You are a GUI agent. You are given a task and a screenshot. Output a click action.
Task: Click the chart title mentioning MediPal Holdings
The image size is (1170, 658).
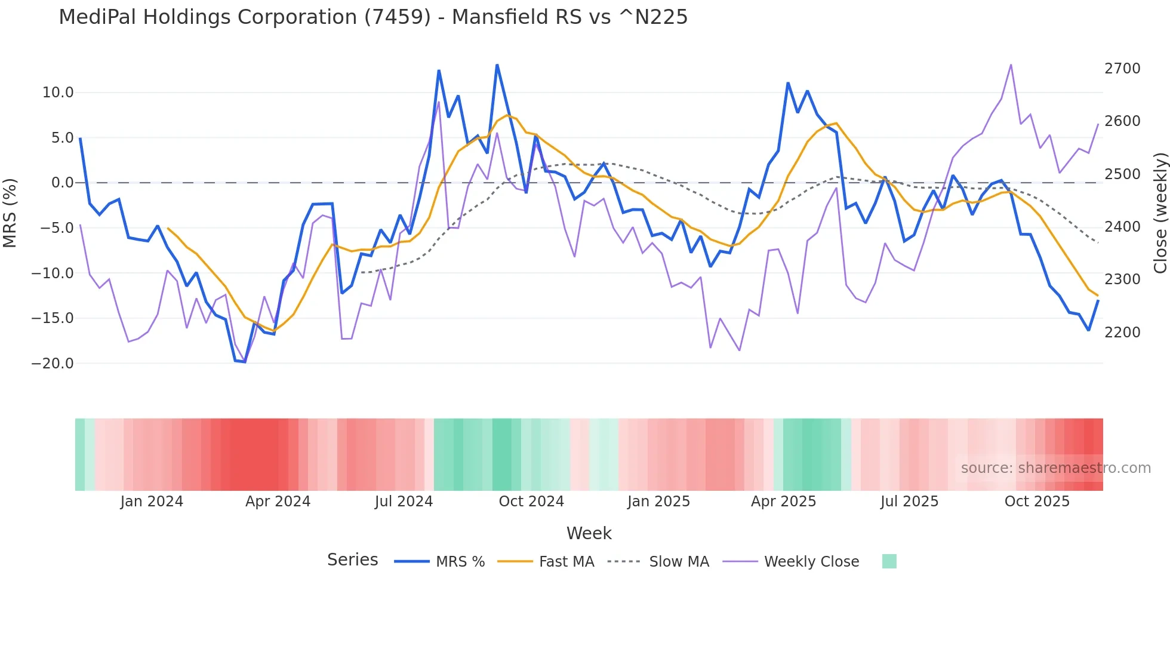[373, 17]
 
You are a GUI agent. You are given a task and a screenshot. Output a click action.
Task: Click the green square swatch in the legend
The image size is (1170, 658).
[889, 561]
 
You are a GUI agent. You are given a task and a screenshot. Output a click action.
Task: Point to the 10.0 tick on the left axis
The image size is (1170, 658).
[58, 93]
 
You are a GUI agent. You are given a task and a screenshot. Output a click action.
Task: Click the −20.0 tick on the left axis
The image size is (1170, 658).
[53, 363]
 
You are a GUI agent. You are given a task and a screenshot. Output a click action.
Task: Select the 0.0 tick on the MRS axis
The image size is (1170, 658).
[62, 183]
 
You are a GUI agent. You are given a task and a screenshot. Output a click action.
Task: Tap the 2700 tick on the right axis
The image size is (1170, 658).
[1122, 69]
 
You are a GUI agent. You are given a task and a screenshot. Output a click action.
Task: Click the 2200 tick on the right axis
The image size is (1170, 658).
[1122, 333]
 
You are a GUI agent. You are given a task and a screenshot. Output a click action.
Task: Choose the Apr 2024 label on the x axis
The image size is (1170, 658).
[278, 502]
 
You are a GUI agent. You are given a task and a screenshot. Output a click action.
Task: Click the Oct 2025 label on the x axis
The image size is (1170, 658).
[1037, 502]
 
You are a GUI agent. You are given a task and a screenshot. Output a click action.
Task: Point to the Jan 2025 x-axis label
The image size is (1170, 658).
[658, 502]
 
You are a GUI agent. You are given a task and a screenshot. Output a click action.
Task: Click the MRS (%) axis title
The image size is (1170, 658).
[10, 213]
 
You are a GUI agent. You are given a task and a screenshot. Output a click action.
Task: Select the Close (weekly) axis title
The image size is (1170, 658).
[1160, 213]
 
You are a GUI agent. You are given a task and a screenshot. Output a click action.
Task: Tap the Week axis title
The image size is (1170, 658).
[589, 533]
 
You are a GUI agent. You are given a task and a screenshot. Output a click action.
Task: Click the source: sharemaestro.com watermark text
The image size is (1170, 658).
[1055, 468]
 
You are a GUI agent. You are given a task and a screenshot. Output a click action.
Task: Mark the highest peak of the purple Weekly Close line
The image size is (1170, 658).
[1011, 64]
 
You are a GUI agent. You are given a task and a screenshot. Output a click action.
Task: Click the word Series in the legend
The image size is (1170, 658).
[352, 560]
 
